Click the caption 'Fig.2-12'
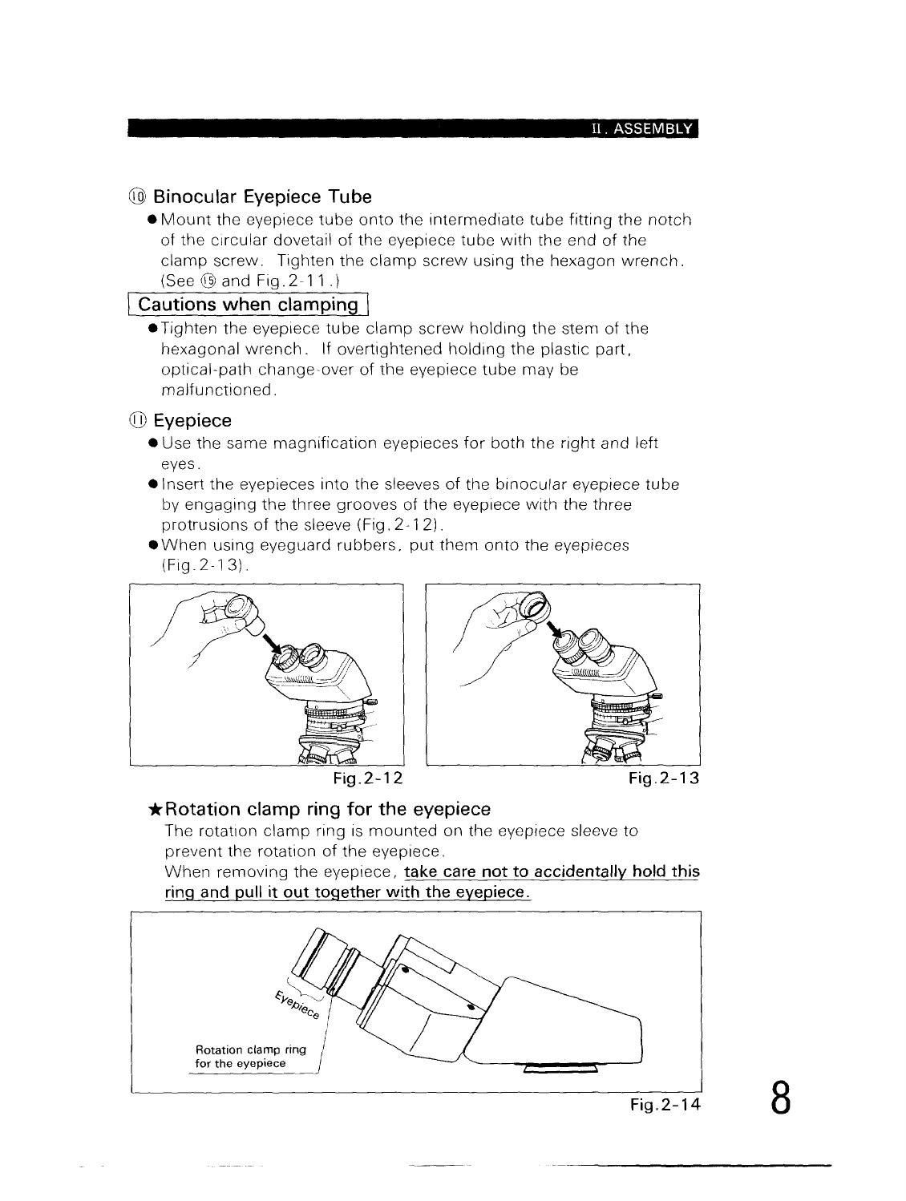pyautogui.click(x=368, y=778)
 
